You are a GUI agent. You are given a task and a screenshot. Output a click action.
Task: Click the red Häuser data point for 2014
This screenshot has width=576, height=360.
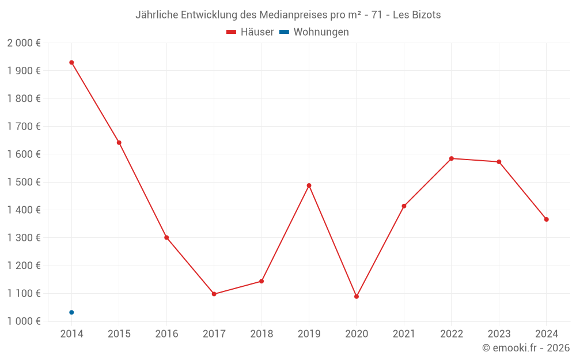[x=71, y=62]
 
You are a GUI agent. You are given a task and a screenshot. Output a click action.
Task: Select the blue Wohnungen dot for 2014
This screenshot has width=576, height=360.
[x=71, y=312]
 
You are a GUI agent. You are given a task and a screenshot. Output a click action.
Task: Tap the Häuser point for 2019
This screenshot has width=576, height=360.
[x=309, y=185]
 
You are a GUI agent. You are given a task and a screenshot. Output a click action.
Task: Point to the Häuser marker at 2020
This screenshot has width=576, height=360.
[x=357, y=297]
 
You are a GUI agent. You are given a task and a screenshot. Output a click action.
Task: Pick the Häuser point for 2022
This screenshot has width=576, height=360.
[x=452, y=158]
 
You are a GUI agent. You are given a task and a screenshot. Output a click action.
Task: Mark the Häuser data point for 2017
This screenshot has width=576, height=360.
[x=214, y=294]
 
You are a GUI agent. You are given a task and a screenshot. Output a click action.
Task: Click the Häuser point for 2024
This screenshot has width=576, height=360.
[x=546, y=219]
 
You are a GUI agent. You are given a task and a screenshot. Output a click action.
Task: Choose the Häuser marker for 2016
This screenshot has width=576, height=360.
[x=166, y=237]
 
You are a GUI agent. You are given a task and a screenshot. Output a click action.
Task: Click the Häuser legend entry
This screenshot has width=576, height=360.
[x=251, y=32]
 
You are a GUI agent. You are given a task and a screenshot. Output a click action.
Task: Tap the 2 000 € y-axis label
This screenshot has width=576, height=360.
[x=24, y=43]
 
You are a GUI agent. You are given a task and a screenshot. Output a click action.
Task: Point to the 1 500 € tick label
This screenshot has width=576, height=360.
[x=24, y=182]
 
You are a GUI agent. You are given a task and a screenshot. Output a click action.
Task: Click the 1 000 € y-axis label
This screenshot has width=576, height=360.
[x=24, y=321]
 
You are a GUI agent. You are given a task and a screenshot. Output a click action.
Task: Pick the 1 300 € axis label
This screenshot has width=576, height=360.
[x=24, y=238]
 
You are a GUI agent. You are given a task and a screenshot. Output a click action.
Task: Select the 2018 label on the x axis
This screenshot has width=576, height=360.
[x=262, y=334]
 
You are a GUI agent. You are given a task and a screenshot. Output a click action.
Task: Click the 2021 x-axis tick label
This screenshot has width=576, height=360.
[x=404, y=334]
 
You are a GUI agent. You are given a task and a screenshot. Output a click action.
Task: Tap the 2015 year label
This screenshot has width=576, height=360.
[x=119, y=334]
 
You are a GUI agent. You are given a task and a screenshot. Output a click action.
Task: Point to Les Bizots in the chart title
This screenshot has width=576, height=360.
[x=417, y=15]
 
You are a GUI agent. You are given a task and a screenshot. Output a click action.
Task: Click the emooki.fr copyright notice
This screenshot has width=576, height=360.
[x=526, y=348]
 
